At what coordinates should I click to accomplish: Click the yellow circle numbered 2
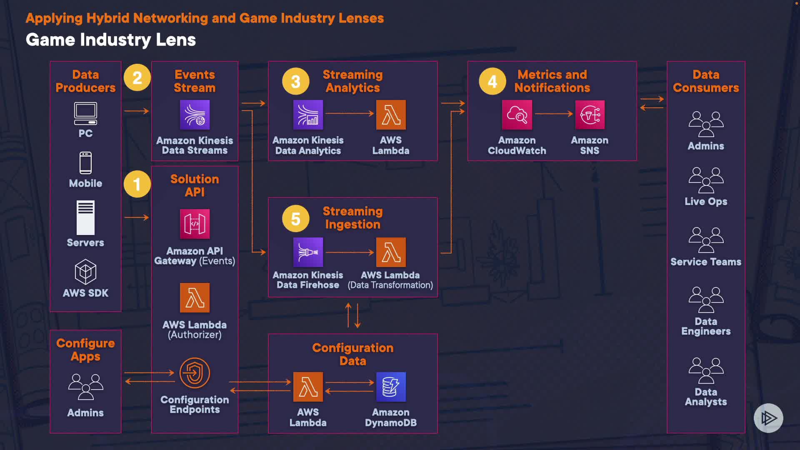(137, 78)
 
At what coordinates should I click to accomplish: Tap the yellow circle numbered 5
(295, 218)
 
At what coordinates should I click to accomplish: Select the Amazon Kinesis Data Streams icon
(195, 115)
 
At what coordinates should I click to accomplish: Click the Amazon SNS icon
(590, 115)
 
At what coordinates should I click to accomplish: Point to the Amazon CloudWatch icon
(517, 115)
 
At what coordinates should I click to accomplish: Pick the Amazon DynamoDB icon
(391, 387)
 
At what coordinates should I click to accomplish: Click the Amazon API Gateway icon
(195, 224)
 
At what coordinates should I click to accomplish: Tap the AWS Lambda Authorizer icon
(195, 297)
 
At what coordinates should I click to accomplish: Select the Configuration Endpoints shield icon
(195, 372)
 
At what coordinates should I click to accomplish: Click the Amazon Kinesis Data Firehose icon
(308, 252)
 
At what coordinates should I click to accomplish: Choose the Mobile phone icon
(85, 162)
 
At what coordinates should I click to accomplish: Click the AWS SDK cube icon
(85, 272)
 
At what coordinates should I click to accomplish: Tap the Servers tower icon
(85, 217)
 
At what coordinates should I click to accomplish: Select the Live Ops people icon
(706, 180)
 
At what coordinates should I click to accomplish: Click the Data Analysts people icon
(706, 370)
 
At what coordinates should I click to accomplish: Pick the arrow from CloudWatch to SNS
(554, 113)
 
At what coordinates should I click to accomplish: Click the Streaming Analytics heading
(352, 81)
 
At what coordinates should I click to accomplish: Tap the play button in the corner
(768, 418)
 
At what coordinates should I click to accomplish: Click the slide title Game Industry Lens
(111, 40)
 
